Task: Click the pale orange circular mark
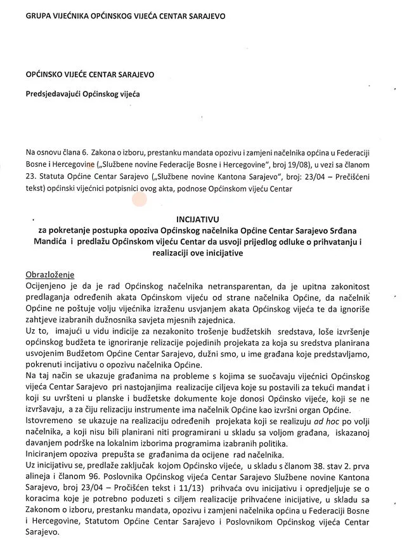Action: (139, 199)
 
